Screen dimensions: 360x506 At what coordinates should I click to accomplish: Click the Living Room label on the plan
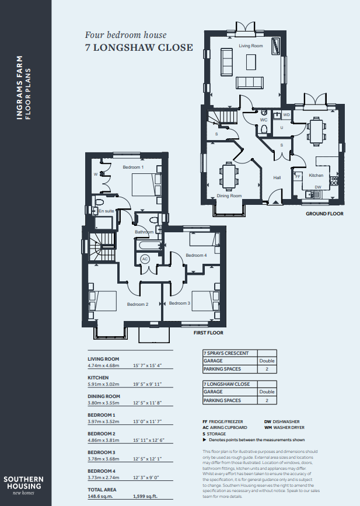[x=251, y=46]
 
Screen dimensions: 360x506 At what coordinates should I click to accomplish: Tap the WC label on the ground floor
[x=264, y=120]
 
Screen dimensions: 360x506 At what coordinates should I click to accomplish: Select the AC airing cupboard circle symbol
[x=145, y=259]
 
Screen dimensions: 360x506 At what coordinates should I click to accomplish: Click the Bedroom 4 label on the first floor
[x=196, y=255]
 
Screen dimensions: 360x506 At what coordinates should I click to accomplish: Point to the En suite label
[x=106, y=211]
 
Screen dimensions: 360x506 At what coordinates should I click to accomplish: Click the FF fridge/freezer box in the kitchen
[x=298, y=176]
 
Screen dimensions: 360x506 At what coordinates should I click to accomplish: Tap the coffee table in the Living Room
[x=251, y=62]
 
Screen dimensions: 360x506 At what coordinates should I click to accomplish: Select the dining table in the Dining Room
[x=229, y=176]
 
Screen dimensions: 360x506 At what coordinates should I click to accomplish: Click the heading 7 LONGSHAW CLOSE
[x=139, y=47]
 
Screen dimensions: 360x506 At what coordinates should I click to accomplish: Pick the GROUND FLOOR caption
[x=324, y=214]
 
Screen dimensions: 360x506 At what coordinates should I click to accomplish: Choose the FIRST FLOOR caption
[x=208, y=333]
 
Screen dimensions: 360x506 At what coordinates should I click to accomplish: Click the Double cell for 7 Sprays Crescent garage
[x=267, y=361]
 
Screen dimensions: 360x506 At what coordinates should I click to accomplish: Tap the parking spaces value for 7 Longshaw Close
[x=267, y=400]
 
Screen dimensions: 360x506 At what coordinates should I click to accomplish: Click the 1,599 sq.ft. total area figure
[x=145, y=497]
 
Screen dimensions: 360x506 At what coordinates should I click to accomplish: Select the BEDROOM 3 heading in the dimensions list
[x=102, y=452]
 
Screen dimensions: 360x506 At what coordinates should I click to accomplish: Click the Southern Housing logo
[x=23, y=486]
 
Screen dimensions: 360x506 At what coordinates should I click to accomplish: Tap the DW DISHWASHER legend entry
[x=282, y=422]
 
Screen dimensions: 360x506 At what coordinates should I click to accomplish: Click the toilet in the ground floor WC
[x=264, y=130]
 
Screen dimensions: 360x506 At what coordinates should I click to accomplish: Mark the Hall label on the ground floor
[x=277, y=177]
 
